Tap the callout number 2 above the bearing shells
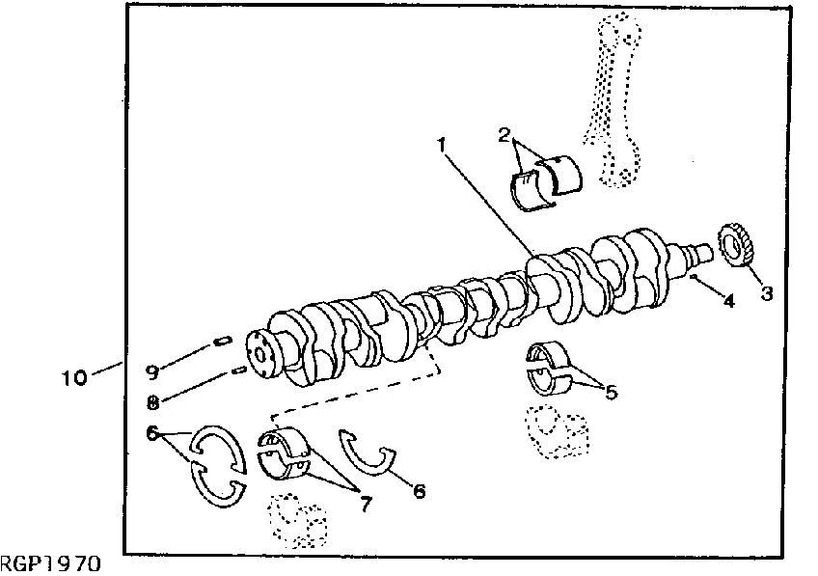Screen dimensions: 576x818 (x=504, y=134)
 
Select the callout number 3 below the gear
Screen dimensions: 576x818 (x=766, y=292)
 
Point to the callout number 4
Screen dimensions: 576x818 (x=728, y=300)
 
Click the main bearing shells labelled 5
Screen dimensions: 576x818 (x=548, y=368)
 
